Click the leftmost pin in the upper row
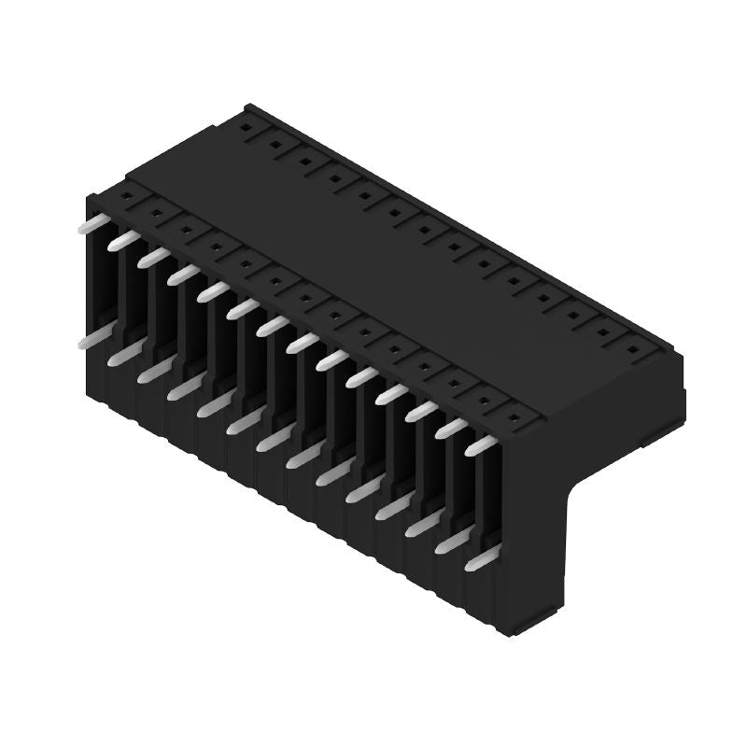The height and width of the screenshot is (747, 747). tap(92, 224)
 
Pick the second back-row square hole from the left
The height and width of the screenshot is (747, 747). tap(275, 143)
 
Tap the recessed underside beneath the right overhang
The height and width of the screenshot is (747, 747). tap(616, 439)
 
